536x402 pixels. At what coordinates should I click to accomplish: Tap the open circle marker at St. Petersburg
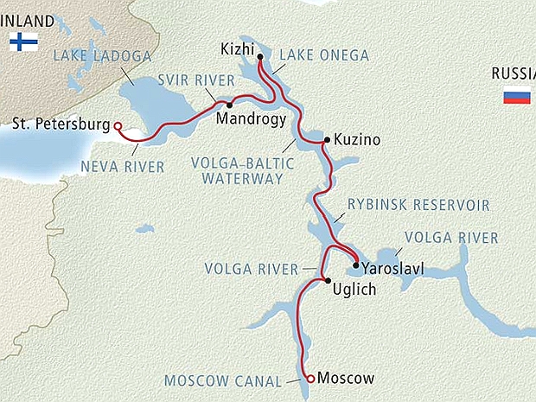pos(118,126)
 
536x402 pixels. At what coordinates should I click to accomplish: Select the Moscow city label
pos(346,379)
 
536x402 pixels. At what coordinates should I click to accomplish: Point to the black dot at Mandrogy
pos(230,105)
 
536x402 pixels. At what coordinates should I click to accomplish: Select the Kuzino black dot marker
pos(326,139)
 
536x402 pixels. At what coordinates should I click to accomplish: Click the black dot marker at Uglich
pos(327,280)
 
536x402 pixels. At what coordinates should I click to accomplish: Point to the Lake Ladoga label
pos(101,57)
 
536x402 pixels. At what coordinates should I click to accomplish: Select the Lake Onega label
pos(324,55)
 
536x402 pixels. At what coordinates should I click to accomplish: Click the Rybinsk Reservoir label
pos(418,205)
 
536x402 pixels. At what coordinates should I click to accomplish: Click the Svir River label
pos(195,80)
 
